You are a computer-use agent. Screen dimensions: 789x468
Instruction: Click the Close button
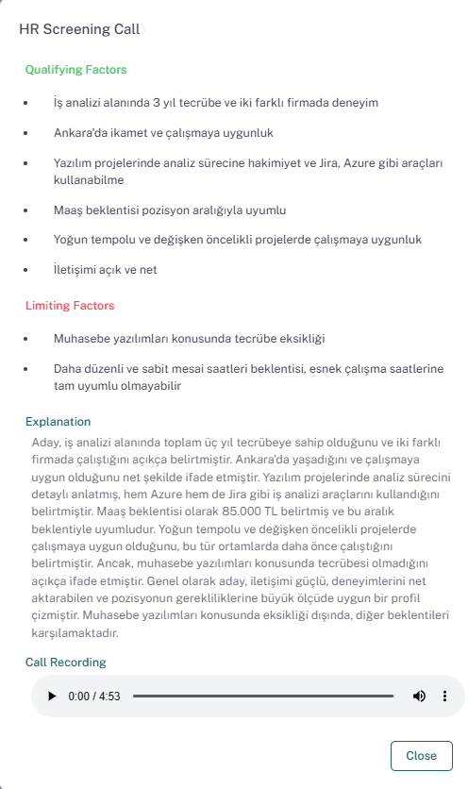pyautogui.click(x=421, y=755)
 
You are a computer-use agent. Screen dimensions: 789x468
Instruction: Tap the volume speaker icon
pyautogui.click(x=419, y=697)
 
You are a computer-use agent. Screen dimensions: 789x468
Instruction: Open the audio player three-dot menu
pyautogui.click(x=445, y=697)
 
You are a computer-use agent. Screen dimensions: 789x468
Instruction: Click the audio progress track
pyautogui.click(x=262, y=697)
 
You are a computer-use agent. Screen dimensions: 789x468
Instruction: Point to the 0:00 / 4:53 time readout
pyautogui.click(x=94, y=697)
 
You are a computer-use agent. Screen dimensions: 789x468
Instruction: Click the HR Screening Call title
pyautogui.click(x=79, y=29)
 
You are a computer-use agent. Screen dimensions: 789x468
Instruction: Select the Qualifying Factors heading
pyautogui.click(x=75, y=70)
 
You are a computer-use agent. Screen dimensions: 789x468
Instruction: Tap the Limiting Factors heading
pyautogui.click(x=70, y=306)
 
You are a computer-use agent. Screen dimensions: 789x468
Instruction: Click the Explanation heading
pyautogui.click(x=58, y=422)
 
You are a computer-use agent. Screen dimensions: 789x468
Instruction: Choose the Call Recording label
pyautogui.click(x=65, y=663)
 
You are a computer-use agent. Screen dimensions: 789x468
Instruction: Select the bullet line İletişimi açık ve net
pyautogui.click(x=105, y=270)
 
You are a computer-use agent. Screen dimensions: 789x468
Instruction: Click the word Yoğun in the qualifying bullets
pyautogui.click(x=71, y=240)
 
